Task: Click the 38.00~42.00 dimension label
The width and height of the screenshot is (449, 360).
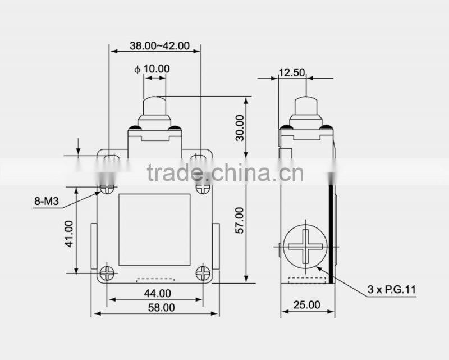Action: click(x=159, y=47)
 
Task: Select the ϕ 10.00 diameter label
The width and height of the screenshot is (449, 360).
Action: click(x=152, y=69)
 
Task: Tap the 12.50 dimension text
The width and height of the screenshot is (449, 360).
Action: click(x=291, y=72)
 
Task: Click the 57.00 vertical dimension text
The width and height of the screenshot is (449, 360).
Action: click(x=240, y=221)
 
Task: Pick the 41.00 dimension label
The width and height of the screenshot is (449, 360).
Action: click(x=68, y=233)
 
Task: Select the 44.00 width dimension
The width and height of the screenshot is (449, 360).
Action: click(x=157, y=293)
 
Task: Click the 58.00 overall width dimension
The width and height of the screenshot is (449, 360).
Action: click(x=157, y=307)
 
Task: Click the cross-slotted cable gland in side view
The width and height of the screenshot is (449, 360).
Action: click(x=305, y=247)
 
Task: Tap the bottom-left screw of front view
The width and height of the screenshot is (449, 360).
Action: click(x=108, y=273)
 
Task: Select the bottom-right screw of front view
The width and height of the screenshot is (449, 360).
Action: click(x=203, y=273)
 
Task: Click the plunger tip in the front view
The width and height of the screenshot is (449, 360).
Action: click(x=155, y=105)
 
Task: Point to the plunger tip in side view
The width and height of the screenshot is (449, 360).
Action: click(x=306, y=105)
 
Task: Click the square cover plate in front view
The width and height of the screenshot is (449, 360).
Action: click(x=154, y=229)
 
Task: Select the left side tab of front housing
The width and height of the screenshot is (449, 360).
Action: click(x=94, y=245)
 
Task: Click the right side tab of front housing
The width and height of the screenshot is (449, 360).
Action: click(x=216, y=245)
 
